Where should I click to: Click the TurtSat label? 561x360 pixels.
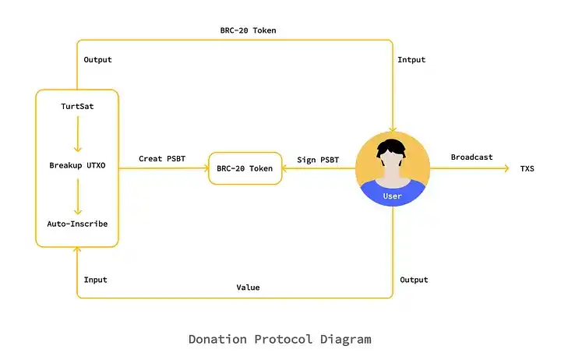click(77, 106)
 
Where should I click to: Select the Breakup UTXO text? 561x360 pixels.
click(77, 165)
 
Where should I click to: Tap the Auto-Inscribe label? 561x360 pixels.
click(77, 224)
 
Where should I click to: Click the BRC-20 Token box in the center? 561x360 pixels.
click(245, 168)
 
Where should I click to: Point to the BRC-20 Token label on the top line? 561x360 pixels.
click(248, 30)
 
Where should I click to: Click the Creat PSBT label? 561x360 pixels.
click(162, 159)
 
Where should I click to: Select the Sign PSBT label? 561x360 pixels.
click(318, 160)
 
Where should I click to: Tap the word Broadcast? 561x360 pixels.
click(471, 157)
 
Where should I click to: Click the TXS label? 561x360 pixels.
click(527, 168)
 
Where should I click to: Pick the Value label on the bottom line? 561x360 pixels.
click(248, 288)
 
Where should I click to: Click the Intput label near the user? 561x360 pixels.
click(411, 59)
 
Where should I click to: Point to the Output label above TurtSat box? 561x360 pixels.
click(97, 59)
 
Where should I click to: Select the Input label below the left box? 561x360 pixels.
click(95, 279)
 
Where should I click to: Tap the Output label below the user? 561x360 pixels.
click(414, 279)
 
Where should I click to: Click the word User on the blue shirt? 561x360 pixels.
click(392, 196)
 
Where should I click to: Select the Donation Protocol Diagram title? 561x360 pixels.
click(280, 339)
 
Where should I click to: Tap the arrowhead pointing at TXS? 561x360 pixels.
click(506, 168)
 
